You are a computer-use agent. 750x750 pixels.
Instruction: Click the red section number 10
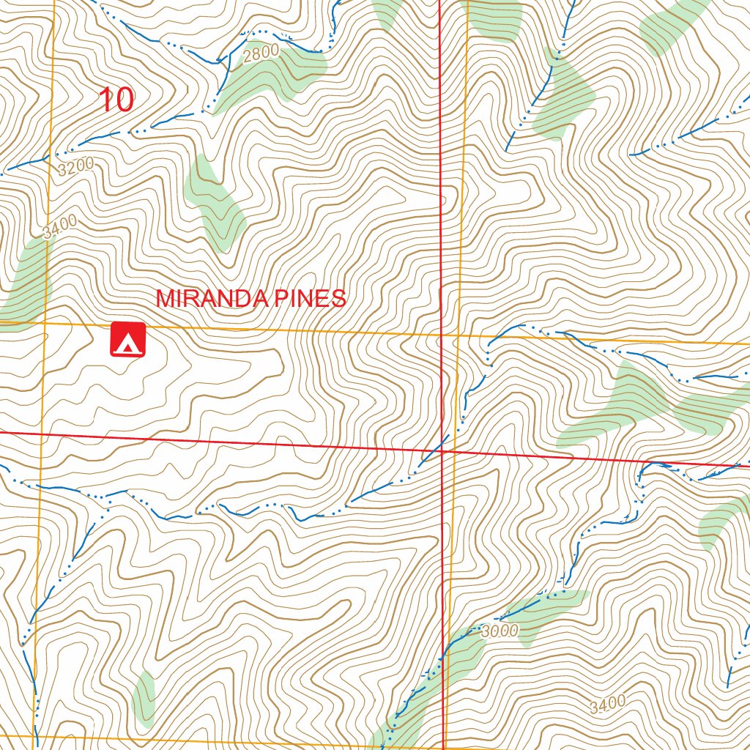coord(116,100)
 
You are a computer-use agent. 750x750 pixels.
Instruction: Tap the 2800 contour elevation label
coord(261,53)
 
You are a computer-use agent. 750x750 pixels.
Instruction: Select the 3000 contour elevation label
coord(500,631)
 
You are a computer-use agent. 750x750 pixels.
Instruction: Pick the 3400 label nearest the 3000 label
coord(608,705)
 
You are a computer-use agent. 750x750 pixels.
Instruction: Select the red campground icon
coord(129,340)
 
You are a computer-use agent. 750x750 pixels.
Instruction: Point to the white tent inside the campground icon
coord(129,342)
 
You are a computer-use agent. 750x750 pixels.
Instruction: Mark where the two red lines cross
coord(442,451)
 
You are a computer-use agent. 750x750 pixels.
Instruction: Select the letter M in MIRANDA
coord(166,299)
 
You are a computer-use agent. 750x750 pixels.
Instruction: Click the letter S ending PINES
coord(338,299)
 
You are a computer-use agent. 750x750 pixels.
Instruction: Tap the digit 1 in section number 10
coord(105,100)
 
